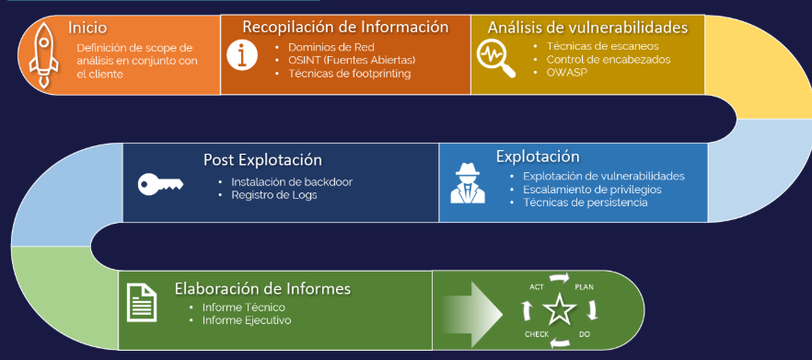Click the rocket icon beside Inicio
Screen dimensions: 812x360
click(43, 55)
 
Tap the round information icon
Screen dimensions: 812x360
click(242, 54)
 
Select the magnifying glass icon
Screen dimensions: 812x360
click(496, 58)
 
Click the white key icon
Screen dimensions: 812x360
click(160, 184)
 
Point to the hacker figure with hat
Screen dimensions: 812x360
click(468, 183)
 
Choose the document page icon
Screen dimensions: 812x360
click(142, 303)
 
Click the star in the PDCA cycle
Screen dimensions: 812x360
click(560, 309)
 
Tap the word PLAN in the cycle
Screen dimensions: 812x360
click(584, 287)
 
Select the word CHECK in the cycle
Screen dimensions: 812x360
click(537, 334)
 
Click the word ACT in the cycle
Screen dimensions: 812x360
click(537, 287)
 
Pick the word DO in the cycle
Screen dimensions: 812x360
click(584, 334)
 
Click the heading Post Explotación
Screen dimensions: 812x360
click(262, 159)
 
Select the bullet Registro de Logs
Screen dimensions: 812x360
click(274, 195)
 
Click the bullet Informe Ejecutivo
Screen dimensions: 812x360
click(247, 320)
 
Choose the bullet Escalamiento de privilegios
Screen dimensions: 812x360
click(593, 189)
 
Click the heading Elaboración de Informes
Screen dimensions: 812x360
click(262, 288)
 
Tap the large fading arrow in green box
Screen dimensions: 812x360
click(472, 313)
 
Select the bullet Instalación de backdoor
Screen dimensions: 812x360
click(292, 181)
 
